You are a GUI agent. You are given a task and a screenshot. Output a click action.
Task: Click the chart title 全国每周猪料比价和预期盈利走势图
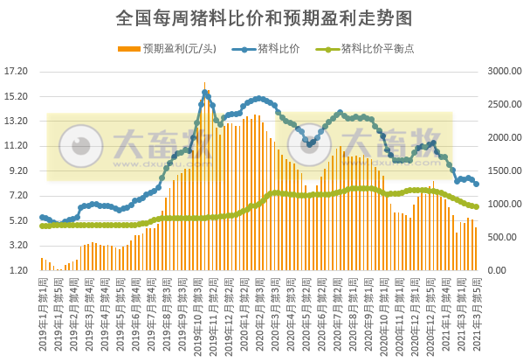pyautogui.click(x=264, y=17)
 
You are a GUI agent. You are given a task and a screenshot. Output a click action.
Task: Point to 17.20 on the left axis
pyautogui.click(x=17, y=72)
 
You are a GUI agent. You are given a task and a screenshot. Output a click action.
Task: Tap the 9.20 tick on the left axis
pyautogui.click(x=20, y=171)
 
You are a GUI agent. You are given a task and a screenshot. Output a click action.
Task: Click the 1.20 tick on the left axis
pyautogui.click(x=20, y=270)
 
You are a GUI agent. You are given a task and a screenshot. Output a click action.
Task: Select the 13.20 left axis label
pyautogui.click(x=17, y=122)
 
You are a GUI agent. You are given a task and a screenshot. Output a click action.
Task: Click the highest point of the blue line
pyautogui.click(x=205, y=92)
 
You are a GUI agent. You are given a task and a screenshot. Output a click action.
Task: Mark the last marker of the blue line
pyautogui.click(x=476, y=184)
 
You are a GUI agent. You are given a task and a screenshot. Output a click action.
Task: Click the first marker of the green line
pyautogui.click(x=42, y=226)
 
